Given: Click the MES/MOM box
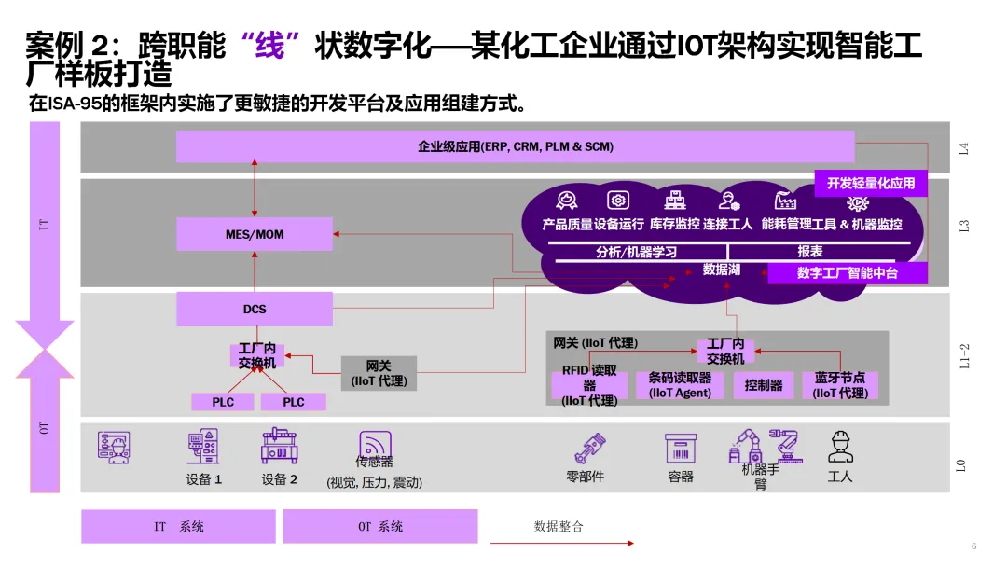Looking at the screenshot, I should pos(255,234).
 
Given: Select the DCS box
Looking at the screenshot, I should pos(255,310).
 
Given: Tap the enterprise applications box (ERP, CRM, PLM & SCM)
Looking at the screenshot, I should pos(515,146).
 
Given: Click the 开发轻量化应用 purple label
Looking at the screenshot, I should pos(871,184).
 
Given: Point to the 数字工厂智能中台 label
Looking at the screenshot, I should pos(847,273).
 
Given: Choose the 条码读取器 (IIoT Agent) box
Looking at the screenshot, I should pos(680,385).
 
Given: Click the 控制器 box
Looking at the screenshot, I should pos(764,385).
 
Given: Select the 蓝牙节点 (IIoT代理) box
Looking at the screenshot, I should pos(839,385).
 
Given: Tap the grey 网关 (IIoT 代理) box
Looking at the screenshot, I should pos(379,373).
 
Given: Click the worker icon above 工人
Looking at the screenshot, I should pos(840,447).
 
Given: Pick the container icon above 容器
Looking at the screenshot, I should pos(681,448).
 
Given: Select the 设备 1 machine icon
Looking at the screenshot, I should pos(203,447).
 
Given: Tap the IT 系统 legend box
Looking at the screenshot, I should pos(178,527).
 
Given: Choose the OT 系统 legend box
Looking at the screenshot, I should pos(380,527).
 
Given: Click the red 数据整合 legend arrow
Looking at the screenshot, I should pos(562,543).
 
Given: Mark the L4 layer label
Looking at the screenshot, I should pos(964,147).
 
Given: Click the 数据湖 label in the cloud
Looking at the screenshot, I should pos(721,270).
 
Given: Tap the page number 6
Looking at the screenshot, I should pos(973,546).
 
